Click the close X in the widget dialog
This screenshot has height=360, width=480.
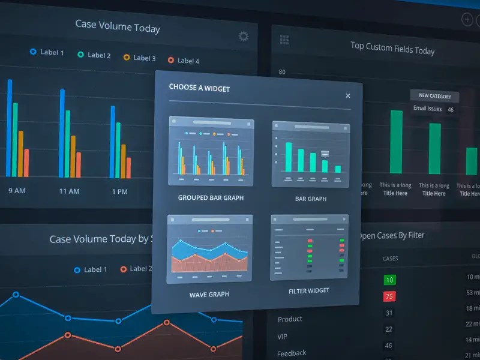tap(347, 95)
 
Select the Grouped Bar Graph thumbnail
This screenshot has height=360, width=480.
tap(211, 152)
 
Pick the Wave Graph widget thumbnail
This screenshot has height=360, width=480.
tap(209, 249)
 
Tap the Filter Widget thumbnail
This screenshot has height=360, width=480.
tap(308, 248)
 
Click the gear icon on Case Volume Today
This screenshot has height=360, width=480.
tap(243, 37)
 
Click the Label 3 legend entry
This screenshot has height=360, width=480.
tap(139, 58)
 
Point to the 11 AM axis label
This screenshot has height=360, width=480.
tap(69, 191)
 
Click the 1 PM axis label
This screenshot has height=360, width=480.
tap(119, 192)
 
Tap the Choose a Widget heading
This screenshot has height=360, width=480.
tap(199, 88)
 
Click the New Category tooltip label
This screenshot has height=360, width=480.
tap(434, 96)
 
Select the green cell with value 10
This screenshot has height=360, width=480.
tap(389, 280)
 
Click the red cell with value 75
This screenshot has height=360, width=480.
tap(389, 296)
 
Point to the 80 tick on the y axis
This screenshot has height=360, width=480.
tap(282, 73)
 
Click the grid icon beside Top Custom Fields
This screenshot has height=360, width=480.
tap(284, 40)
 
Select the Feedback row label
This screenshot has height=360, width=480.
tap(292, 353)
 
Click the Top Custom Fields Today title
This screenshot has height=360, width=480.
tap(392, 48)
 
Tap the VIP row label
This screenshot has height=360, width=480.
tap(282, 337)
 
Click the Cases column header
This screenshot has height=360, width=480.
tap(390, 259)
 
